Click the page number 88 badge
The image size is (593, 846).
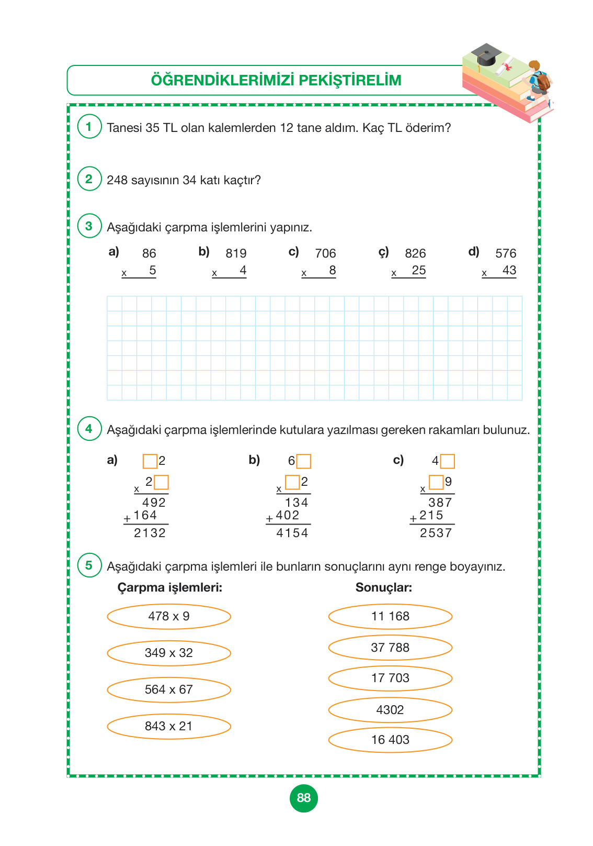coord(303,798)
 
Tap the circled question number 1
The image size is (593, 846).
coord(89,127)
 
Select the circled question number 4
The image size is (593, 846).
coord(89,429)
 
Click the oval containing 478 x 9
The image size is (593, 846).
coord(169,616)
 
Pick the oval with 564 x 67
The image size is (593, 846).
coord(169,689)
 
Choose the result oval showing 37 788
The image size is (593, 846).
coord(390,648)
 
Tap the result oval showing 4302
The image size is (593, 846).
coord(390,710)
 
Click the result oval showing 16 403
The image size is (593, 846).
coord(390,740)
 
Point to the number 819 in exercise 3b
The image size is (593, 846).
coord(236,253)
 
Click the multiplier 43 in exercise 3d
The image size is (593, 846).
coord(509,271)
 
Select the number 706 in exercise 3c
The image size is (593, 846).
coord(325,253)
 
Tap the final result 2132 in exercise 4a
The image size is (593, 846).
coord(150,533)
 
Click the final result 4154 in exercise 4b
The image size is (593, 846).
coord(292,533)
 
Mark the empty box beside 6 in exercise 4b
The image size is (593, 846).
coord(304,461)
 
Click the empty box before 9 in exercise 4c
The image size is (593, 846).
coord(436,482)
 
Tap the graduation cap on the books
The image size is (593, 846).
coord(486,54)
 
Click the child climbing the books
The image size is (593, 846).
coord(538,81)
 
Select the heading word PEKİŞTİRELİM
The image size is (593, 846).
coord(351,81)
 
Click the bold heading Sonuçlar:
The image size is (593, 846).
coord(384,587)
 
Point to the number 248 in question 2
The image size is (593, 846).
coord(117,180)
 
